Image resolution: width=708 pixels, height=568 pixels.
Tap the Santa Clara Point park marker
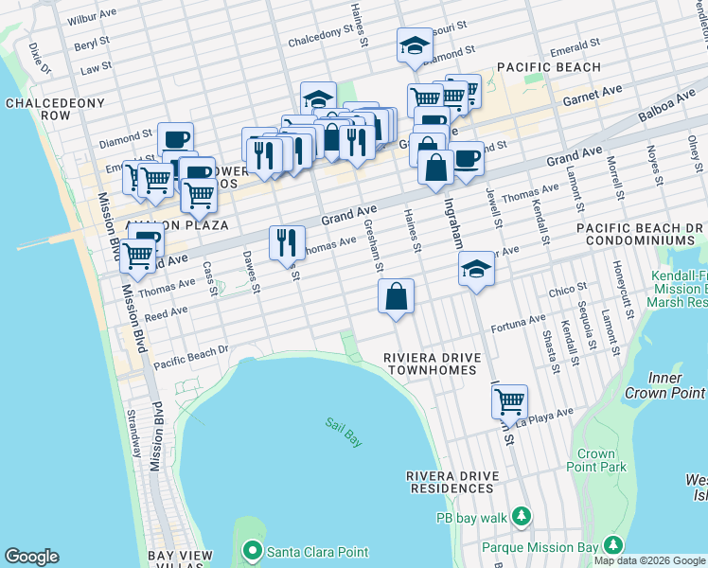tap(252, 551)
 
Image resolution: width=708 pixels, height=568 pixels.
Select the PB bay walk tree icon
tap(520, 516)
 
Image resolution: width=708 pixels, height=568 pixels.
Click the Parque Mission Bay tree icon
tap(613, 545)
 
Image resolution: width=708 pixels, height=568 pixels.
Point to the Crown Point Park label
tap(595, 460)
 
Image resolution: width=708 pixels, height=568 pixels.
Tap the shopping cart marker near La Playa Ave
tap(509, 401)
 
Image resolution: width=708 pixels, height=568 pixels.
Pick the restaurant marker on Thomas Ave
tap(287, 242)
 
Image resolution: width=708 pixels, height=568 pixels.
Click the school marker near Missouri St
tap(414, 45)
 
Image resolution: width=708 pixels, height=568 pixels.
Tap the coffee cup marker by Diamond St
tap(175, 139)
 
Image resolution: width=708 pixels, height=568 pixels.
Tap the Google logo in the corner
tap(31, 557)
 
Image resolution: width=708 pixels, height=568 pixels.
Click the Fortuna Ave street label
tap(518, 325)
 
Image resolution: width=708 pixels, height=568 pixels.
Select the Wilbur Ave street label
tap(92, 18)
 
